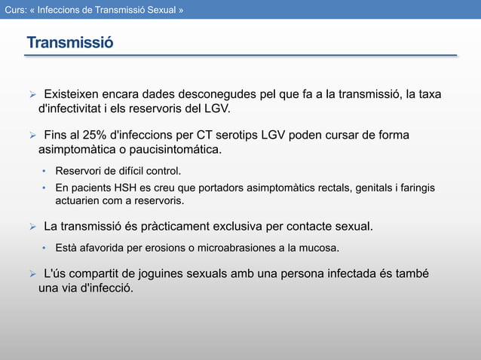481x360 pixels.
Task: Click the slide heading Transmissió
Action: [70, 42]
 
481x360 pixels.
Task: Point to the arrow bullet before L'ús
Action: [32, 273]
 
